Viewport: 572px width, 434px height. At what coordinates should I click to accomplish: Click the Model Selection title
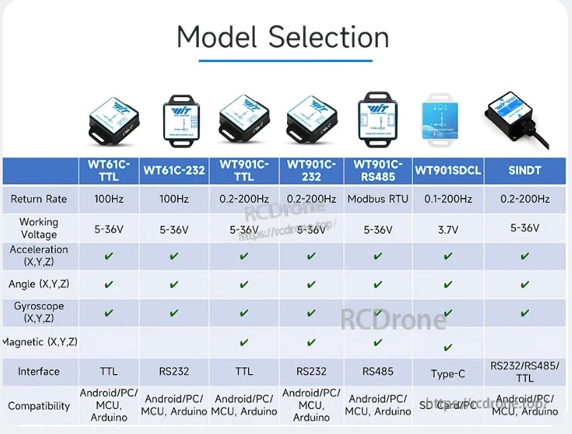pyautogui.click(x=283, y=37)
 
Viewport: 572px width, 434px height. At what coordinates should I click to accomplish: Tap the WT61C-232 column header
pyautogui.click(x=174, y=170)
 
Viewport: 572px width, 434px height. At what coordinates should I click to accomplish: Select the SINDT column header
pyautogui.click(x=525, y=170)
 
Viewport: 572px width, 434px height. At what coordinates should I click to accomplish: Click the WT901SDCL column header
pyautogui.click(x=448, y=170)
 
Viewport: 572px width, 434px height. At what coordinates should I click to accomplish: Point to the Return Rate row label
pyautogui.click(x=39, y=199)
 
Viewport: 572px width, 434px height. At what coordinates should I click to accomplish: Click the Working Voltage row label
pyautogui.click(x=39, y=228)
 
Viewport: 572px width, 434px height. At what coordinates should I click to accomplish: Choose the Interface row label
pyautogui.click(x=39, y=371)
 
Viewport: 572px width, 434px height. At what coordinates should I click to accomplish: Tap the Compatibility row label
pyautogui.click(x=39, y=406)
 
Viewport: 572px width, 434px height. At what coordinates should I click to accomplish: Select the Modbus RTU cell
pyautogui.click(x=378, y=199)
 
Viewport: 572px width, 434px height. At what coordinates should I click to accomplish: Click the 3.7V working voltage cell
pyautogui.click(x=448, y=229)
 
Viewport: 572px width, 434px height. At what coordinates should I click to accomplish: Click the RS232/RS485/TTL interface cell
pyautogui.click(x=525, y=371)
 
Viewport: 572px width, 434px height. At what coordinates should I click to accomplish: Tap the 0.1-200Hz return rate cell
pyautogui.click(x=448, y=199)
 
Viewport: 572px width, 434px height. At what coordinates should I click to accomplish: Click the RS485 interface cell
pyautogui.click(x=378, y=371)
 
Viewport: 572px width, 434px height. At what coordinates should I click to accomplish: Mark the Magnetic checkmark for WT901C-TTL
pyautogui.click(x=244, y=342)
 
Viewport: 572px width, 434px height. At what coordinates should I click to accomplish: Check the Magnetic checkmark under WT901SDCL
pyautogui.click(x=448, y=347)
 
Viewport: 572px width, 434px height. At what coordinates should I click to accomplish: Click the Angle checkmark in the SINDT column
pyautogui.click(x=525, y=284)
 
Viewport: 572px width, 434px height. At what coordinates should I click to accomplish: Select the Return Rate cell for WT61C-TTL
pyautogui.click(x=109, y=199)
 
